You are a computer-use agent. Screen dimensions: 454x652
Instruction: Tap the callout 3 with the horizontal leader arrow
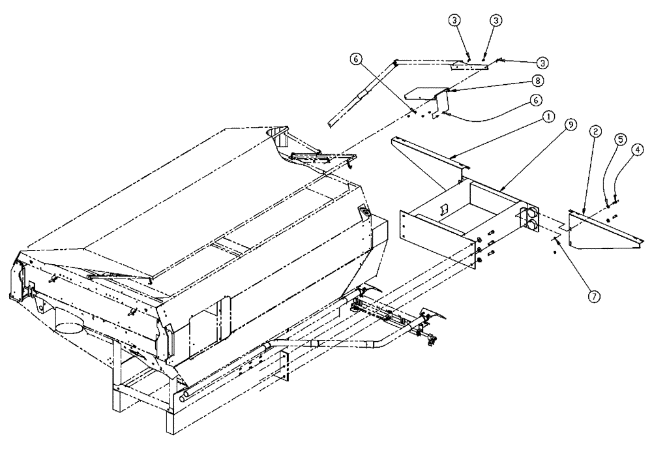[542, 62]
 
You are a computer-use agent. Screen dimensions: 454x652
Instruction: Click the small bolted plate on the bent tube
[284, 366]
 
